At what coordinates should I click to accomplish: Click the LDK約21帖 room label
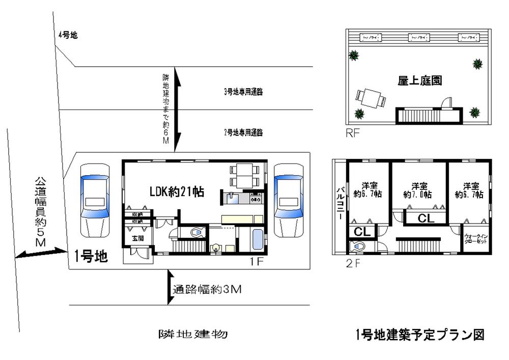pyautogui.click(x=177, y=192)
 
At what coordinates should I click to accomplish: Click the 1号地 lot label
pyautogui.click(x=91, y=256)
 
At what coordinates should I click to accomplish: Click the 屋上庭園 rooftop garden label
pyautogui.click(x=419, y=80)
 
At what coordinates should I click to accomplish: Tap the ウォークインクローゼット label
pyautogui.click(x=475, y=239)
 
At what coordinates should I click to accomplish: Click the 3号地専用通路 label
pyautogui.click(x=246, y=92)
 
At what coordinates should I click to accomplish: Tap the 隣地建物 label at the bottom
pyautogui.click(x=192, y=335)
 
